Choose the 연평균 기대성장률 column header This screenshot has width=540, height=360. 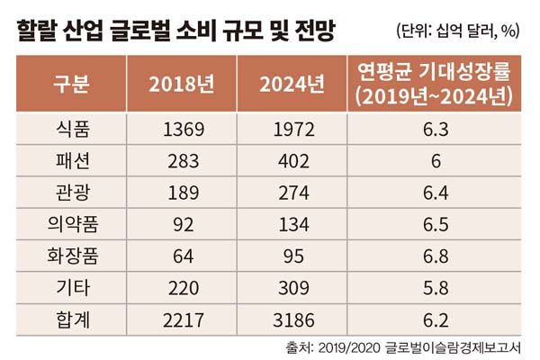tap(434, 83)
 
